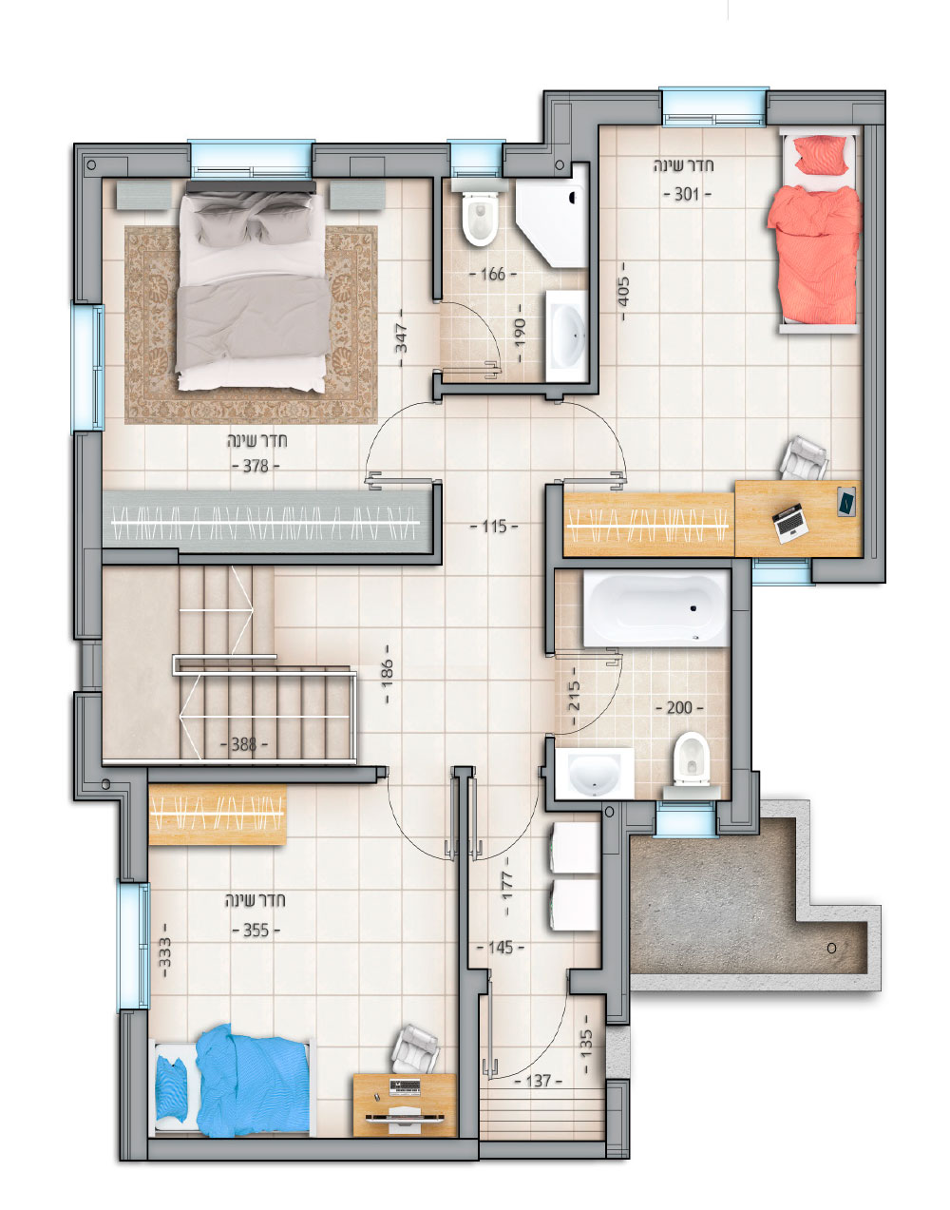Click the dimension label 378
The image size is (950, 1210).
tap(256, 466)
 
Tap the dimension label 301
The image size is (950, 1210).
tap(687, 194)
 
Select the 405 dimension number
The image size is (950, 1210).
tap(624, 291)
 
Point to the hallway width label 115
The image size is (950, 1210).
tap(494, 527)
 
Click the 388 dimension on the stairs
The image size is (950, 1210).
tap(244, 744)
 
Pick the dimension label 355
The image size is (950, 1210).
tap(256, 930)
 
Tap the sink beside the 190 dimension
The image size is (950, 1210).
tap(566, 336)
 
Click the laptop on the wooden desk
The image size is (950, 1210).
tap(790, 523)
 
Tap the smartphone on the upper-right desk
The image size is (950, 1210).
tap(846, 501)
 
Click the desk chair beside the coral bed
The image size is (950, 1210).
tap(804, 458)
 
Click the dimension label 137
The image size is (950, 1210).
tap(538, 1081)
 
